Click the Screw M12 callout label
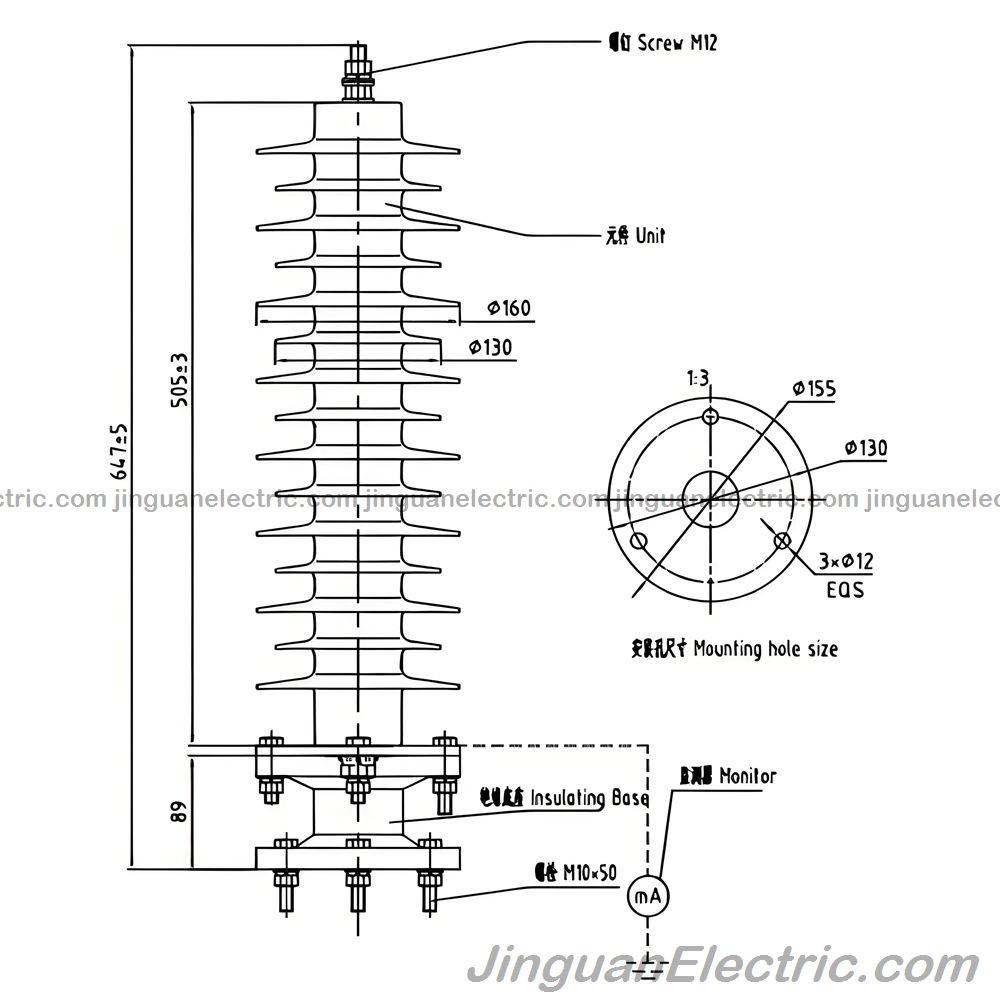663,42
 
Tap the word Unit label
636,236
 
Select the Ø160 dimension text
508,308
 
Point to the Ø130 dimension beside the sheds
490,347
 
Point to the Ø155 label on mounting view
814,389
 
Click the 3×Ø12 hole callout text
845,562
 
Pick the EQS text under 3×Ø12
845,590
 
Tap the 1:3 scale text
697,378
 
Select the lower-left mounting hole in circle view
639,542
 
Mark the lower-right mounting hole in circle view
782,541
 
